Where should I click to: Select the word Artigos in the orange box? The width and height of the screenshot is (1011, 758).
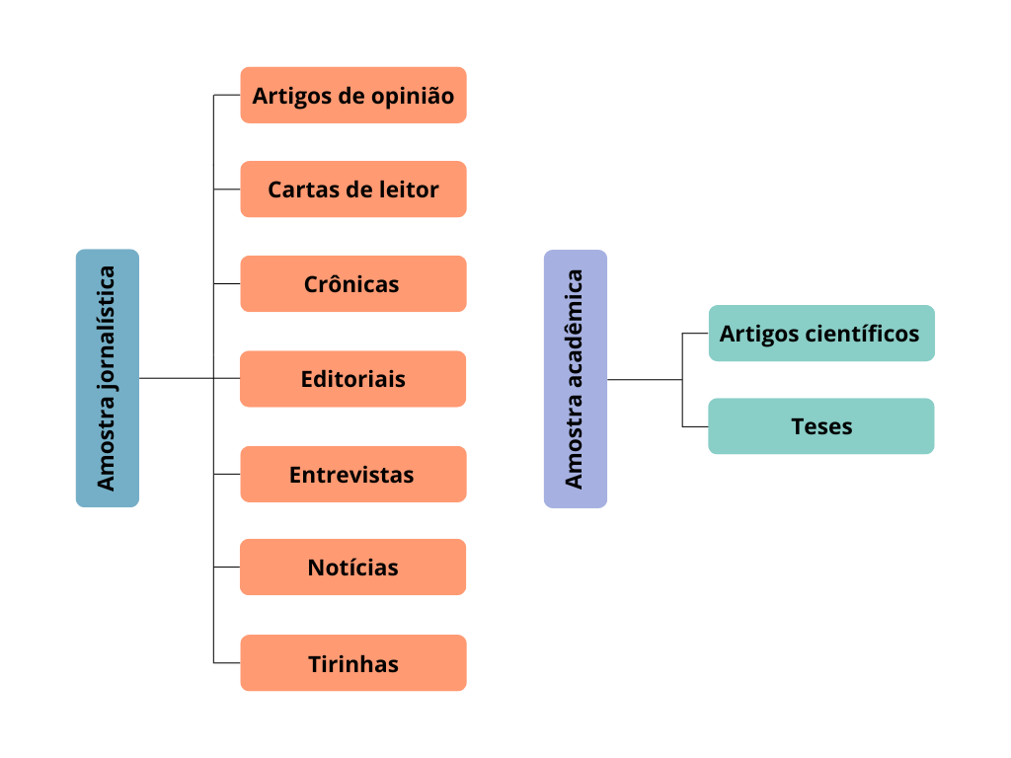[x=288, y=97]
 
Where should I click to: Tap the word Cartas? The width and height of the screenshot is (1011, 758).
[x=301, y=189]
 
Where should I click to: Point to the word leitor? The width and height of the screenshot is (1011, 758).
[x=407, y=189]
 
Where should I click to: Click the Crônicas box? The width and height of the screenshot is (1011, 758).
[x=352, y=284]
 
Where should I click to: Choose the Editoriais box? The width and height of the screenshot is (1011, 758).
[x=352, y=379]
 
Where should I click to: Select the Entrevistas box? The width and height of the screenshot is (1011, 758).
[x=352, y=475]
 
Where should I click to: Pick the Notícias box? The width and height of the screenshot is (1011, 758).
[x=352, y=568]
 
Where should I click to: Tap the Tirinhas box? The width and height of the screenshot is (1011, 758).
[x=352, y=663]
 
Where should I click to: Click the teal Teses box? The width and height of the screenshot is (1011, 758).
[x=820, y=426]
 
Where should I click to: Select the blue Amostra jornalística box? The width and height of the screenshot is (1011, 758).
[x=108, y=378]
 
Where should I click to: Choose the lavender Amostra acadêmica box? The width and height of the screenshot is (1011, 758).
[x=576, y=378]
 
